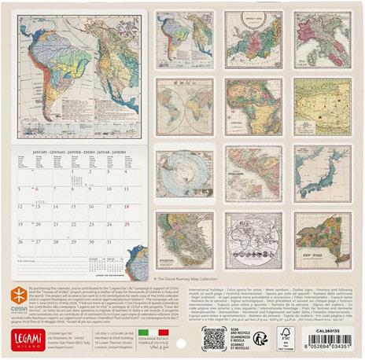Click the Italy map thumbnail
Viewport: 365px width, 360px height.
pos(323,39)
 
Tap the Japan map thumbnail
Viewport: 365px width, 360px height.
pos(323,172)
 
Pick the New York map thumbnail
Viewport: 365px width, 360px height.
pos(323,239)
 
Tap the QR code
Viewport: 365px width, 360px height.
pos(214,339)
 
